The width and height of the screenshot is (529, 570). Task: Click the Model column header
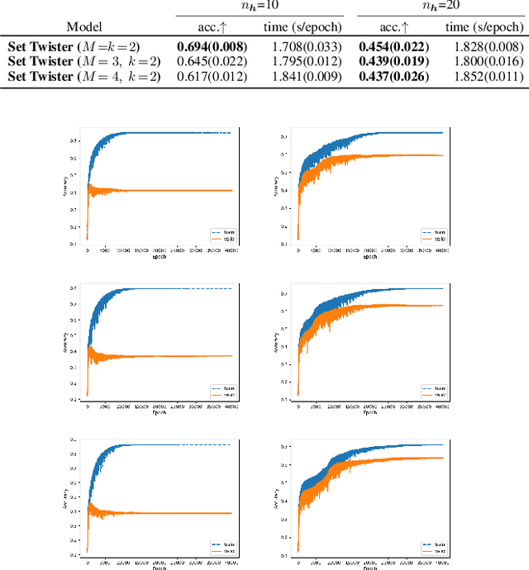[84, 27]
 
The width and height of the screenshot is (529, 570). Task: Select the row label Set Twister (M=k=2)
[85, 46]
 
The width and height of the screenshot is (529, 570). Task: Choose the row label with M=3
[85, 62]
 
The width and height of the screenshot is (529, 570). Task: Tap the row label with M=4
[85, 77]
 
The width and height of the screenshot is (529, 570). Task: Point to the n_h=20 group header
[442, 7]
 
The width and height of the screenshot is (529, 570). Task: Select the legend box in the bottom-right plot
[433, 547]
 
